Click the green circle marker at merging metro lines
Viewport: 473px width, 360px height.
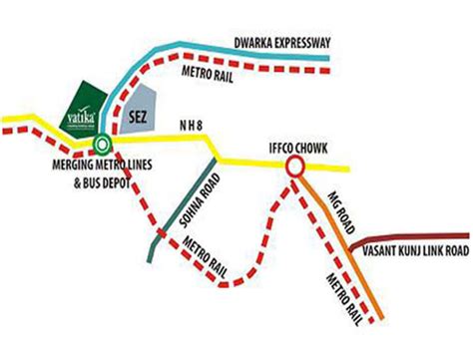[99, 144]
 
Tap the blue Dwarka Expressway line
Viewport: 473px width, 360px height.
[299, 59]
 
